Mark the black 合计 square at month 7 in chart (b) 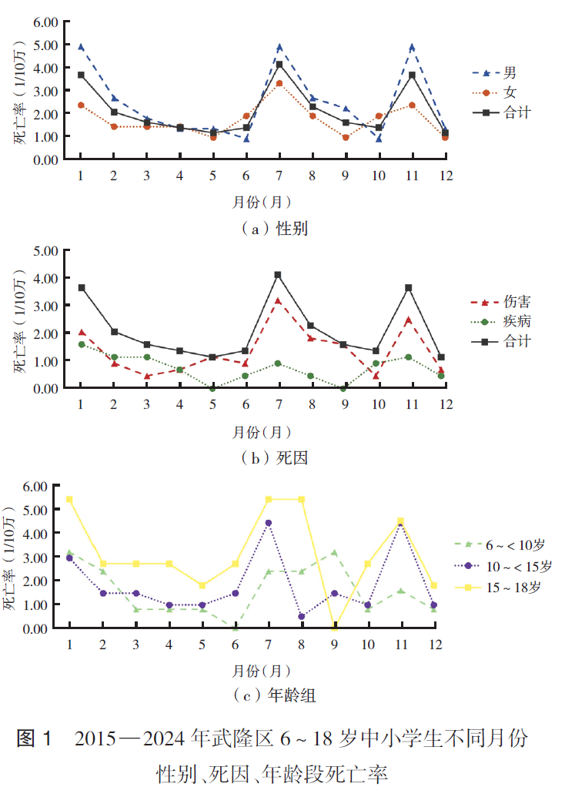click(x=278, y=275)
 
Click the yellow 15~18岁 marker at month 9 click(x=335, y=627)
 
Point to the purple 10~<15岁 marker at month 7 click(x=269, y=523)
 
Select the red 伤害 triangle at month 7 click(x=278, y=301)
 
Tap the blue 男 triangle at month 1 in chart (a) click(x=81, y=47)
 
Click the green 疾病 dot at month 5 click(x=212, y=388)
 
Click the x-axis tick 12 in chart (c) click(x=433, y=644)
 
